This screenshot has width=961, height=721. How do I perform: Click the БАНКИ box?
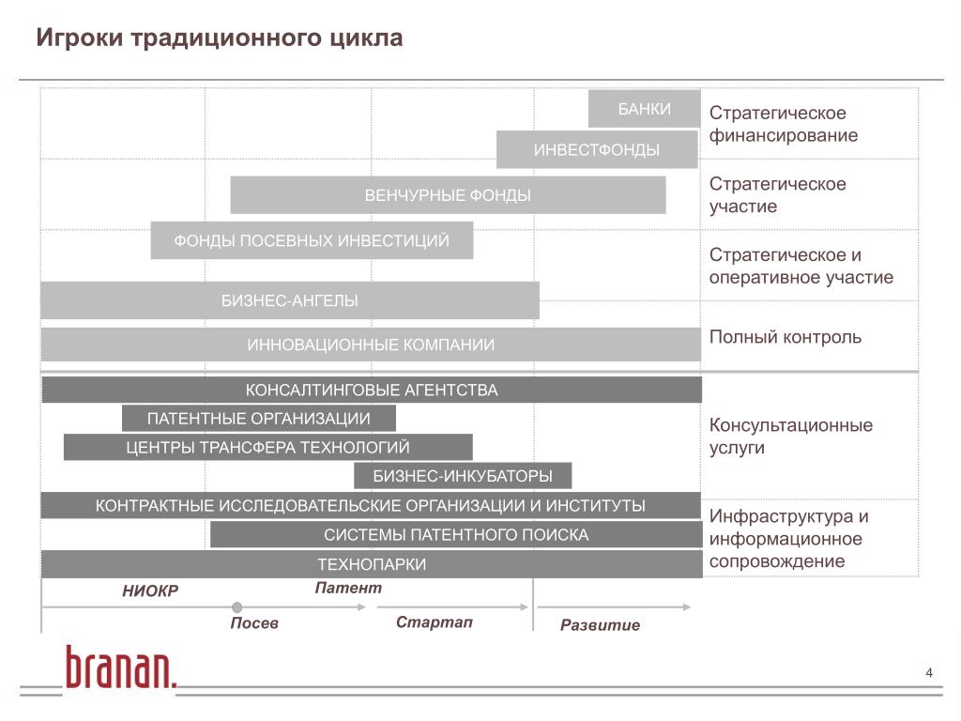[644, 109]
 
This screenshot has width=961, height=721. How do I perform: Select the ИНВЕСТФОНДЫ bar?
[597, 150]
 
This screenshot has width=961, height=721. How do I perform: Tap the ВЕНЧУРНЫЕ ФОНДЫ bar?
[448, 195]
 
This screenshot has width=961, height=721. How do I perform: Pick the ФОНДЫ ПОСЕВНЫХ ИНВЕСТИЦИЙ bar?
[312, 240]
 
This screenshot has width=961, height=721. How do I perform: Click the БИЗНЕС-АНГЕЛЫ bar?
[289, 300]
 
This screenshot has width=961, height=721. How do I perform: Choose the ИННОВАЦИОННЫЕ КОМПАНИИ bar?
[371, 345]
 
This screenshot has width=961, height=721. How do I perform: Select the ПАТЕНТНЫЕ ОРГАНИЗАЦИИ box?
[259, 418]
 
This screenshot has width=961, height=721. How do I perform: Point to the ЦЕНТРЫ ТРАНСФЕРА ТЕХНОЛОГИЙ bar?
[268, 447]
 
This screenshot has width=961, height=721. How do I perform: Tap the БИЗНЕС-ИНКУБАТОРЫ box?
[463, 476]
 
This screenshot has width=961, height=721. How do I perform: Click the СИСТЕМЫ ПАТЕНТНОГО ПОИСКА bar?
[456, 535]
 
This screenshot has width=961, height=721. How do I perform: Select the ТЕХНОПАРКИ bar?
[372, 564]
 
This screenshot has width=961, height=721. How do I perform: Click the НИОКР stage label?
[150, 591]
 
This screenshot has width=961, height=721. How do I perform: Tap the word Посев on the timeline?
[254, 623]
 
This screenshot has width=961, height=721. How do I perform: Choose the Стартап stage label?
[434, 622]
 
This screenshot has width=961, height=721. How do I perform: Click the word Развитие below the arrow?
[600, 625]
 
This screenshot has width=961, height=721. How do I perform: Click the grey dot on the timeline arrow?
[237, 607]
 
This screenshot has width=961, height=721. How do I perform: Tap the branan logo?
[120, 667]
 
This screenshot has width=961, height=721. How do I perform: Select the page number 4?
[929, 672]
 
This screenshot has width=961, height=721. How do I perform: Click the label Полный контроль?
[785, 336]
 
